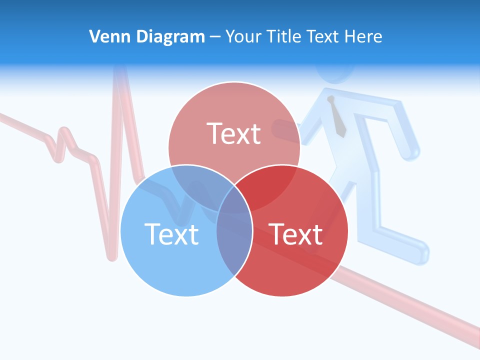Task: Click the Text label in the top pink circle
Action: click(234, 134)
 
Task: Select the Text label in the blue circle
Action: click(171, 234)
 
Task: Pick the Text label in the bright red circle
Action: click(296, 234)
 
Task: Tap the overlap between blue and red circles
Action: click(234, 240)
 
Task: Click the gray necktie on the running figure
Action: click(337, 117)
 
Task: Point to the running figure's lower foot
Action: click(415, 252)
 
